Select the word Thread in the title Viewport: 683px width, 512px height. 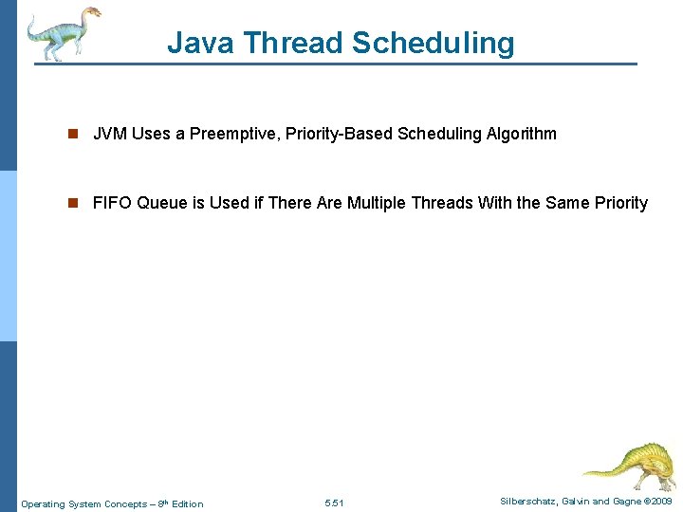(x=291, y=43)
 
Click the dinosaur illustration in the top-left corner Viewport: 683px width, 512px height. (x=62, y=33)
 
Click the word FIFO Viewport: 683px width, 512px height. (x=112, y=203)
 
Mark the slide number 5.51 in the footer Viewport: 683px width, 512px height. (x=335, y=503)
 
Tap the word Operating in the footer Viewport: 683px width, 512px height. (x=45, y=503)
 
